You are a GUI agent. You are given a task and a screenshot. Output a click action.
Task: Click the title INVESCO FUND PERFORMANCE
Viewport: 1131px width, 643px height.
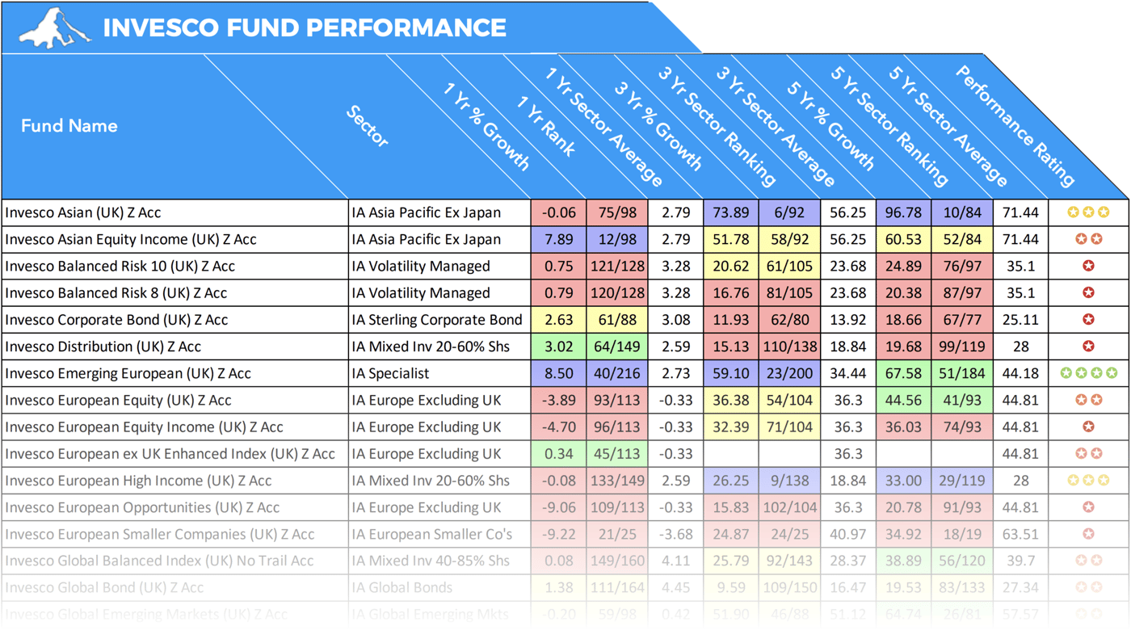coord(305,28)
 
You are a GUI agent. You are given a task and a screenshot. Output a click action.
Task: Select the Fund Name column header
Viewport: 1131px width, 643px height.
coord(69,126)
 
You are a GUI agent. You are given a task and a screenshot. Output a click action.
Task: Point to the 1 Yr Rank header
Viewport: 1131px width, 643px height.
coord(546,126)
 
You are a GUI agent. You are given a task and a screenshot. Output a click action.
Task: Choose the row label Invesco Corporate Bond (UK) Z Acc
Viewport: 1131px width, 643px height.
coord(116,320)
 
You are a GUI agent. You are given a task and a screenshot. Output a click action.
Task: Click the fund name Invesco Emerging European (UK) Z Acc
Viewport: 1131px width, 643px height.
coord(128,373)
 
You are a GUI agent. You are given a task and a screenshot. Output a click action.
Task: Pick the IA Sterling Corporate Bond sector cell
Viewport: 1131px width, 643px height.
coord(437,320)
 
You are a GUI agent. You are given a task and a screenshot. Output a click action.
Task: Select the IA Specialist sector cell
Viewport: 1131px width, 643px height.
coord(391,373)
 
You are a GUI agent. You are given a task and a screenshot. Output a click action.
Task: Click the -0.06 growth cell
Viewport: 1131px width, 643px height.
coord(559,213)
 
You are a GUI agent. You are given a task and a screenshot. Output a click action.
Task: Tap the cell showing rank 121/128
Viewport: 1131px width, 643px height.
coord(617,267)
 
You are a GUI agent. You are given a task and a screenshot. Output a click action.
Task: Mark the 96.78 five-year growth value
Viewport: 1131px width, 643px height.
coord(903,213)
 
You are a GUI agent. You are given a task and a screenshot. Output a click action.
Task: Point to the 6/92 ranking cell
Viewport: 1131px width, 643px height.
coord(789,213)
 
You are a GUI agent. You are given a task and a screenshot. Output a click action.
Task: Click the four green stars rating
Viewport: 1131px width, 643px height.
coord(1088,373)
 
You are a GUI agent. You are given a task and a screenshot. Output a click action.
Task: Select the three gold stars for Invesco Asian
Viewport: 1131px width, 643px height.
coord(1088,212)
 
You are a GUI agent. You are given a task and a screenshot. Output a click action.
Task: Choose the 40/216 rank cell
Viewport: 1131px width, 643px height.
coord(617,373)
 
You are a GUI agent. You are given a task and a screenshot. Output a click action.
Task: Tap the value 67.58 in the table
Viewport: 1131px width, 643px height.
coord(903,373)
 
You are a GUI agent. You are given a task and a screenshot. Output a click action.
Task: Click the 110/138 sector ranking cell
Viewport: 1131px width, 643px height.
coord(789,347)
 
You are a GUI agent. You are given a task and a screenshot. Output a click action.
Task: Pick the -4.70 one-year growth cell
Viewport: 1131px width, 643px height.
coord(559,427)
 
